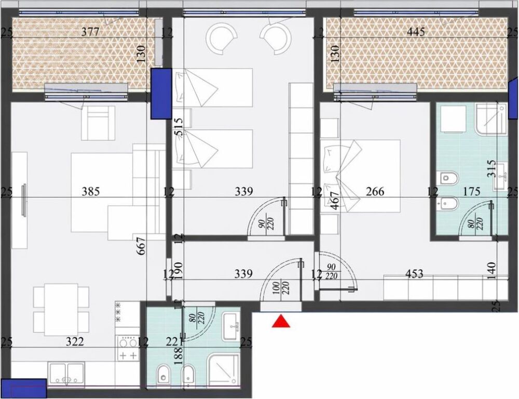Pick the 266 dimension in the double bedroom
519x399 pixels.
[375, 192]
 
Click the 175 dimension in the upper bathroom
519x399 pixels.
[471, 192]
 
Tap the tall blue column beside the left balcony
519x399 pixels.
[160, 94]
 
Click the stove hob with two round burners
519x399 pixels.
[127, 342]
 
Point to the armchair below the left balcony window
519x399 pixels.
[99, 122]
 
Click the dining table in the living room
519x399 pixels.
[56, 310]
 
